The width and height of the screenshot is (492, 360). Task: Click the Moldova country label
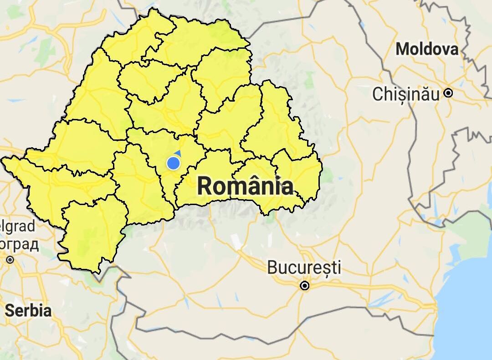427,49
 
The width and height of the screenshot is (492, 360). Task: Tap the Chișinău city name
406,94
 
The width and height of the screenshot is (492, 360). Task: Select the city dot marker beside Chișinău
448,93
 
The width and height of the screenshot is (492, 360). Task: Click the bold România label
245,186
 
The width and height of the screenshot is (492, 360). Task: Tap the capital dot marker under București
305,286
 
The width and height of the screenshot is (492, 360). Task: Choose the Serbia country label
28,311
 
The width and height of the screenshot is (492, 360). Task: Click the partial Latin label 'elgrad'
17,226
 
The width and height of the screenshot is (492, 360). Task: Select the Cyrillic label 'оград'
19,244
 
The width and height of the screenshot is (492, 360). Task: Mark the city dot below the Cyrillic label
10,260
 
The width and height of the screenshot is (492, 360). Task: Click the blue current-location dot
173,163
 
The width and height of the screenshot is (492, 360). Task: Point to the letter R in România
205,186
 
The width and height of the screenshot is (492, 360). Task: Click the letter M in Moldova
402,49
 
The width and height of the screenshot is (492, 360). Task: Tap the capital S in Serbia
10,311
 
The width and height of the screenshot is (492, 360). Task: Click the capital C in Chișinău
378,94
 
